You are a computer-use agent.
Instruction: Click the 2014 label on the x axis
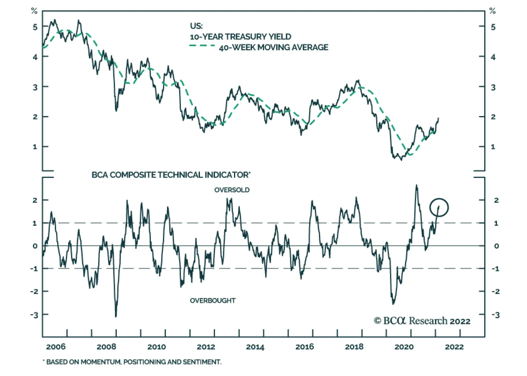[x=255, y=347]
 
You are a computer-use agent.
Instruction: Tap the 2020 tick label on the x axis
[x=404, y=347]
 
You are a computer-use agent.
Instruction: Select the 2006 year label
[x=56, y=347]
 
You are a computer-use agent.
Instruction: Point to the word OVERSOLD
[x=232, y=190]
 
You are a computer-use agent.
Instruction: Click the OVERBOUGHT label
[x=212, y=301]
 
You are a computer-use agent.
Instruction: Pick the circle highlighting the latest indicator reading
[x=439, y=207]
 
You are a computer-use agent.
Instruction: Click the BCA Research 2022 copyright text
[x=422, y=321]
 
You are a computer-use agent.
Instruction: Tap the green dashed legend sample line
[x=202, y=45]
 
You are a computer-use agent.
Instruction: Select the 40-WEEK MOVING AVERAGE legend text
[x=273, y=47]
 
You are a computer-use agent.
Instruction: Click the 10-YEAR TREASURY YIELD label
[x=240, y=37]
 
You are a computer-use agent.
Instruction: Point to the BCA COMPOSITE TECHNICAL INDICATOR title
[x=171, y=175]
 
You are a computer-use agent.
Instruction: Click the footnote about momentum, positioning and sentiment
[x=132, y=362]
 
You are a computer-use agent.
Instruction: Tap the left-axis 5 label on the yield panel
[x=35, y=27]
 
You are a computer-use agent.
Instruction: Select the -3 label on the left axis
[x=34, y=315]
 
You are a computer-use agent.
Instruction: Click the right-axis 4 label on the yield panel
[x=493, y=57]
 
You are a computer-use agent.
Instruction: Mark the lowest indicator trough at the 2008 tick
[x=116, y=316]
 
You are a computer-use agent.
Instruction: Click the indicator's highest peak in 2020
[x=417, y=185]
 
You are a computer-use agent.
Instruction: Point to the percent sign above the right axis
[x=492, y=11]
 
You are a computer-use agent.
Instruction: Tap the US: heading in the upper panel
[x=196, y=26]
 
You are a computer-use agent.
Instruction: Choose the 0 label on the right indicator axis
[x=496, y=246]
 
